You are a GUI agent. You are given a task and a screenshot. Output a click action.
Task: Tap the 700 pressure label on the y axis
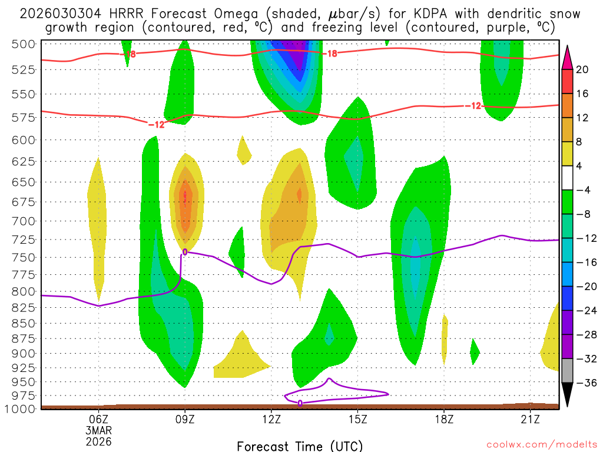[25, 221]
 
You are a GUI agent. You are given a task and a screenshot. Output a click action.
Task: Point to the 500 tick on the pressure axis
[25, 44]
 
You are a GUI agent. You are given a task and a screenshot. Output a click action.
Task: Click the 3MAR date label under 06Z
[98, 430]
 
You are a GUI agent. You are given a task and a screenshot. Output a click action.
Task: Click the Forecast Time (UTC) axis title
[300, 446]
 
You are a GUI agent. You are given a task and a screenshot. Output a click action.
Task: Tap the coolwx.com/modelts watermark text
[541, 446]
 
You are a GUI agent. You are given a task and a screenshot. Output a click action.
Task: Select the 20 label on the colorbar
[582, 69]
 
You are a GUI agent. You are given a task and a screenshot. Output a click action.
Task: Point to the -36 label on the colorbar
[585, 383]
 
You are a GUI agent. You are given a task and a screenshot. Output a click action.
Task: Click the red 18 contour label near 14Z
[332, 54]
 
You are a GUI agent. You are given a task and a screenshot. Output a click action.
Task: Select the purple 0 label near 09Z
[185, 252]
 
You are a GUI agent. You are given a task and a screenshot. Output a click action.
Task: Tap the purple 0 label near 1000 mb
[300, 403]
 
